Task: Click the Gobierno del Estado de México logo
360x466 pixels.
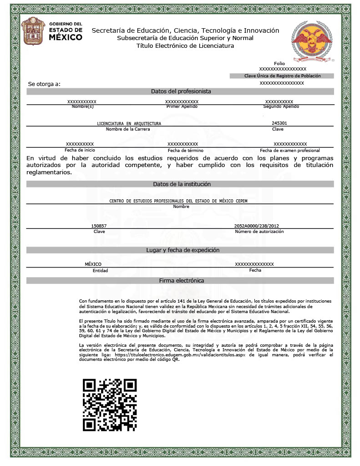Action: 52,31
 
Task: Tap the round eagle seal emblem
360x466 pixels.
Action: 313,41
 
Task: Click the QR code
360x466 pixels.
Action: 110,405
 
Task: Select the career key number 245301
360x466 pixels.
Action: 279,123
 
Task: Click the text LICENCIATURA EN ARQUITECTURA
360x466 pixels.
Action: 129,123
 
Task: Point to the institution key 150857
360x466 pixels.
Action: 99,226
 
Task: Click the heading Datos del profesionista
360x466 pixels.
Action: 181,91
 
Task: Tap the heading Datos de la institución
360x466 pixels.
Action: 181,184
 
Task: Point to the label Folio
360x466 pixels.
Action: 279,63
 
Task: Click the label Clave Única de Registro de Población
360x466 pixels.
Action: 282,76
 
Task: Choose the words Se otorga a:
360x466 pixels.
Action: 44,84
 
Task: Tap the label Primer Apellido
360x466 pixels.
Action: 182,106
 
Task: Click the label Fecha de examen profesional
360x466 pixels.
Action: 289,150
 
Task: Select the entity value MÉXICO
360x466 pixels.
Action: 93,264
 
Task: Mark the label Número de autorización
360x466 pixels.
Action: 259,231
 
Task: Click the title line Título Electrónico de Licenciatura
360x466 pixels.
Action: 185,46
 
